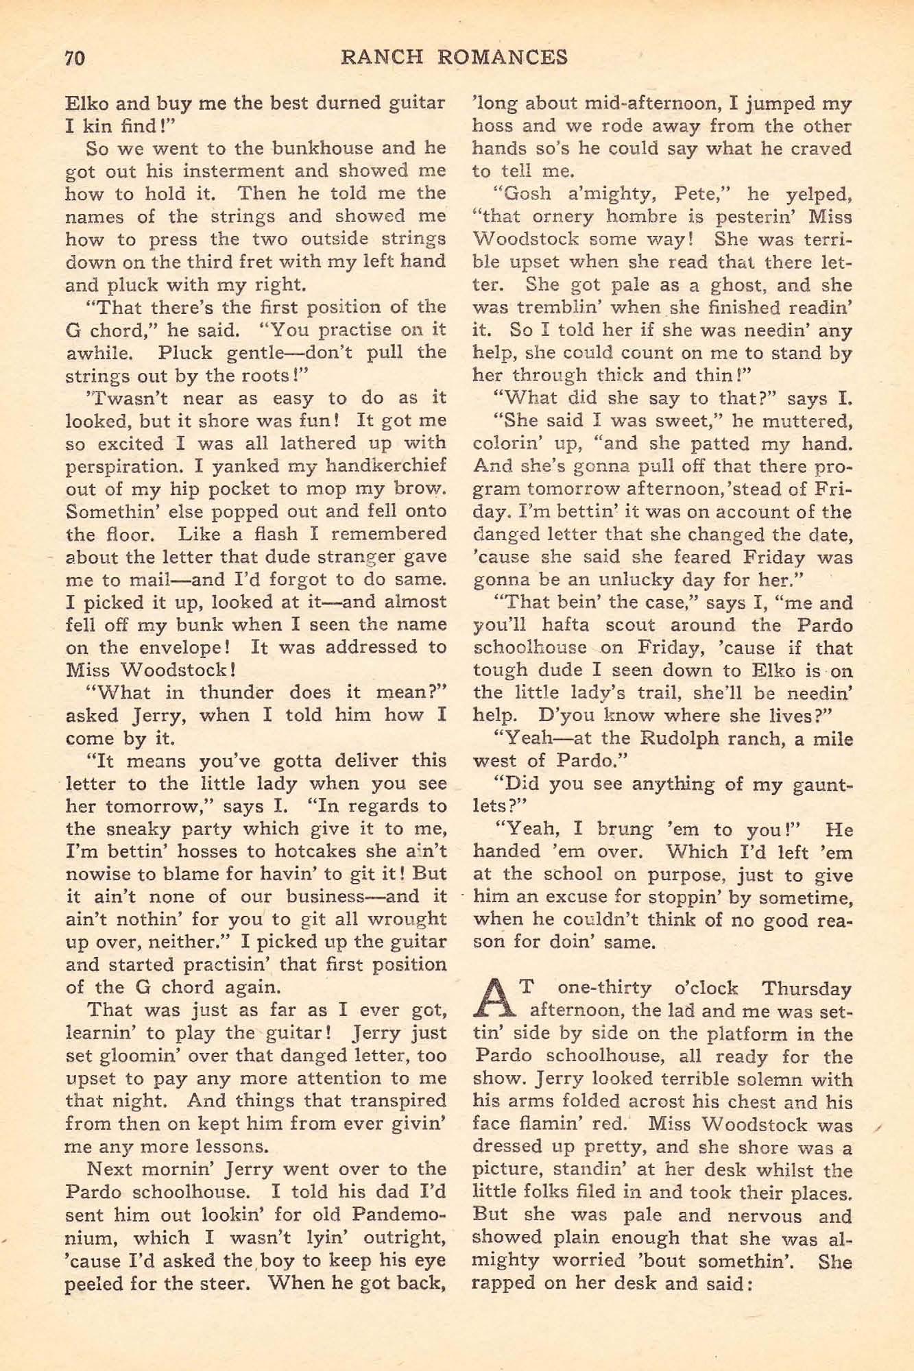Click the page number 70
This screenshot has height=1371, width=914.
[x=74, y=57]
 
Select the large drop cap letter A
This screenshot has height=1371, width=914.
[x=494, y=999]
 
